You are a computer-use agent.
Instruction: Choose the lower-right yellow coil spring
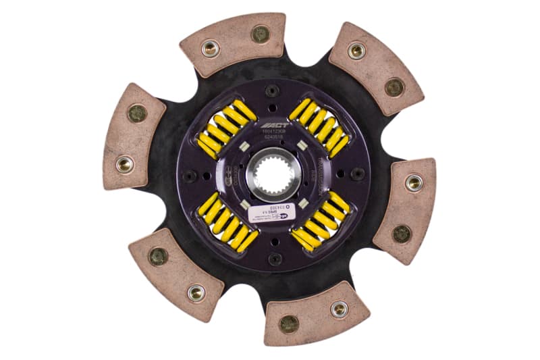pos(321,220)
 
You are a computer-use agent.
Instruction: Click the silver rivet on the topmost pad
pos(210,48)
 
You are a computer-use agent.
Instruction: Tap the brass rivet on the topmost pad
pos(260,33)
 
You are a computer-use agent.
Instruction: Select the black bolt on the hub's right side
pos(358,174)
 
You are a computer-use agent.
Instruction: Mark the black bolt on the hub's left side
pos(190,176)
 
